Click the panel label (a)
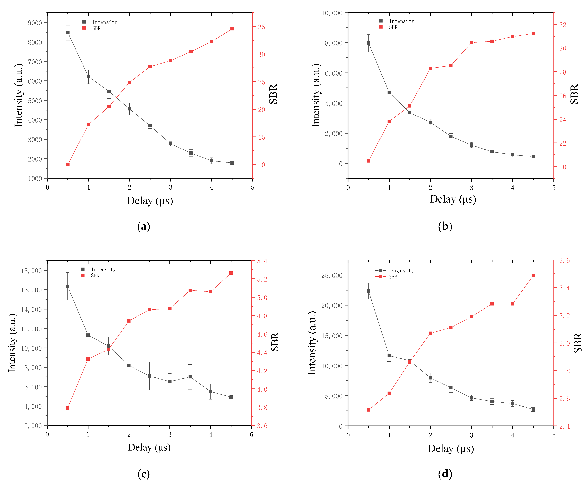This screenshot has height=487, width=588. [x=144, y=226]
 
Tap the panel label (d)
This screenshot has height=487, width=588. [x=445, y=474]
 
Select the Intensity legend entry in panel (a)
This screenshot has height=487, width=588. [x=98, y=22]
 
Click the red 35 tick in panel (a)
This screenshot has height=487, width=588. [x=261, y=27]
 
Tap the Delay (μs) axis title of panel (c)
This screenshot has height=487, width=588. [x=149, y=447]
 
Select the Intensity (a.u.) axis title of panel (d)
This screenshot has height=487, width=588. [x=312, y=342]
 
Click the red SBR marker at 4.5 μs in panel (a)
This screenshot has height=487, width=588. [x=232, y=29]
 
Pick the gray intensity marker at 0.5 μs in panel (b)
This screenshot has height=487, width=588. [x=368, y=43]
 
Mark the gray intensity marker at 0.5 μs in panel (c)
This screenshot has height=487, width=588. [x=67, y=286]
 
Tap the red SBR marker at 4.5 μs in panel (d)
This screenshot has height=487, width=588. [x=533, y=276]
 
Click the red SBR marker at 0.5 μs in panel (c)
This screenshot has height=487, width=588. [x=67, y=408]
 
